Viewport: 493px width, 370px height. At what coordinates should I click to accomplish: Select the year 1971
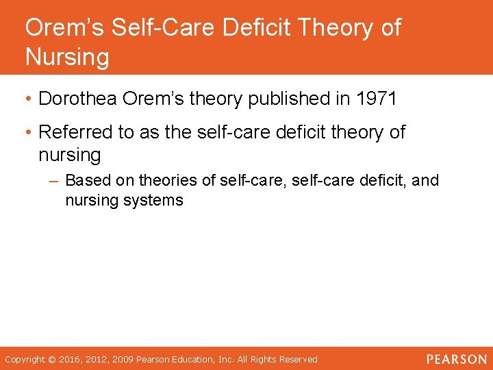click(x=377, y=99)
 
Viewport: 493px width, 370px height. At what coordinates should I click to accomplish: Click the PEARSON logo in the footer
click(x=457, y=359)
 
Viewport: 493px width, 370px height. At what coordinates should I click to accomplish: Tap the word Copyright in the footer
click(x=24, y=359)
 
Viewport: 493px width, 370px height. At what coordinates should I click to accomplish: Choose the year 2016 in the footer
click(x=71, y=359)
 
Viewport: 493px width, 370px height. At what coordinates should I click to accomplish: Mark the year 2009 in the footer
click(x=124, y=359)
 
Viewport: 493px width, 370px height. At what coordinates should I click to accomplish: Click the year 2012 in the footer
click(x=97, y=359)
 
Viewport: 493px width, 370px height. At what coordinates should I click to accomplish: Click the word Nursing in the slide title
click(x=67, y=57)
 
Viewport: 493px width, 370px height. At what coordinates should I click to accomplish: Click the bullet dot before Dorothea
click(x=29, y=99)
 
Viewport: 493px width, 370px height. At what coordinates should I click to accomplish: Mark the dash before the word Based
click(x=55, y=182)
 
